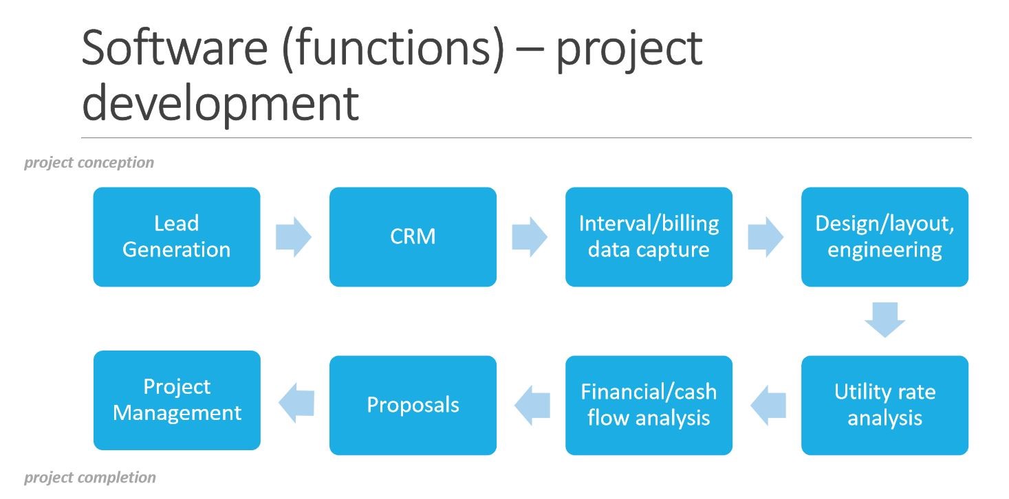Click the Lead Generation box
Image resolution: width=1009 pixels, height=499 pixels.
click(177, 236)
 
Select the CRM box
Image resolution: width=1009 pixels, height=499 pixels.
click(413, 236)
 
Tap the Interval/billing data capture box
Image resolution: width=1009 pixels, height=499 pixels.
click(649, 236)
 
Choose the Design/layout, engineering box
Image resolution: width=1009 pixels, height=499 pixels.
click(885, 236)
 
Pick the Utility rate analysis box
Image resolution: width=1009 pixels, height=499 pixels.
click(885, 406)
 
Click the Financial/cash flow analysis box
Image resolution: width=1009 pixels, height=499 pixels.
click(649, 406)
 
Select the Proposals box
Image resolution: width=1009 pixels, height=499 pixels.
click(413, 406)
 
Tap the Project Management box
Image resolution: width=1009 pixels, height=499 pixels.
click(177, 400)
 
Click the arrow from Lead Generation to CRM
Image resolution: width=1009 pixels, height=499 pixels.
click(294, 236)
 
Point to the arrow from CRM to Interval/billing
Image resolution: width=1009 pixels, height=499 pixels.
click(530, 236)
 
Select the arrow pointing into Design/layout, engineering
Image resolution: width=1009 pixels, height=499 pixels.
click(766, 236)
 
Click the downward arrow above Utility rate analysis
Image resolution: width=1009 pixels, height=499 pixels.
click(885, 320)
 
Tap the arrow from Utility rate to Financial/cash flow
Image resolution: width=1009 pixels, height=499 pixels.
click(768, 406)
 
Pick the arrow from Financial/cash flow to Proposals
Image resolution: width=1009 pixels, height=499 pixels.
click(532, 406)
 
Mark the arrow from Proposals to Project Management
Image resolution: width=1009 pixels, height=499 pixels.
click(296, 403)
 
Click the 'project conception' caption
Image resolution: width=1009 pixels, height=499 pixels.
click(89, 162)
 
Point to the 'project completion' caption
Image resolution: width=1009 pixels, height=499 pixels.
click(90, 478)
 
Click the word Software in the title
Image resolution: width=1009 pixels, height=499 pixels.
click(175, 47)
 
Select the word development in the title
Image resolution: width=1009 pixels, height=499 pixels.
click(221, 104)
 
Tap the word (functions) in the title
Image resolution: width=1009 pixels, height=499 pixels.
click(393, 49)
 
